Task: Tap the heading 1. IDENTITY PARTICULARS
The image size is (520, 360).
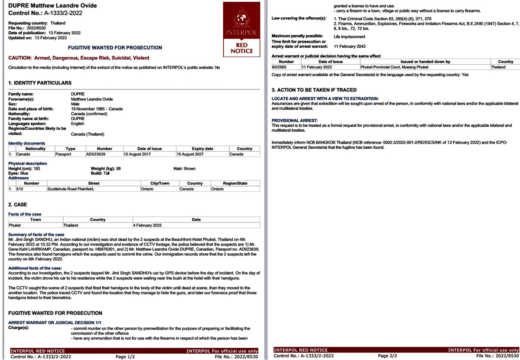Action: tap(40, 83)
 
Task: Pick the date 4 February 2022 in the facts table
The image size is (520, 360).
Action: tap(147, 226)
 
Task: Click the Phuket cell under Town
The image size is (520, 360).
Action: tap(15, 226)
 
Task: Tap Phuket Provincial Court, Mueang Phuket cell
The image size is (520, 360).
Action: tap(395, 67)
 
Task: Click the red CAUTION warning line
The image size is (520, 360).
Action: tap(79, 58)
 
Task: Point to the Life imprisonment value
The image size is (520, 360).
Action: tap(349, 37)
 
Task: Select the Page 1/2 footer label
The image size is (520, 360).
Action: tap(125, 357)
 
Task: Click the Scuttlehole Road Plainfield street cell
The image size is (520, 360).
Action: tap(71, 189)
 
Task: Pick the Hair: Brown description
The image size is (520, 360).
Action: tap(184, 168)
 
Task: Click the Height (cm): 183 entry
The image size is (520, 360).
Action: tap(24, 168)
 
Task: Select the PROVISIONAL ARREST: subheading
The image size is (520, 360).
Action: tap(295, 120)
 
